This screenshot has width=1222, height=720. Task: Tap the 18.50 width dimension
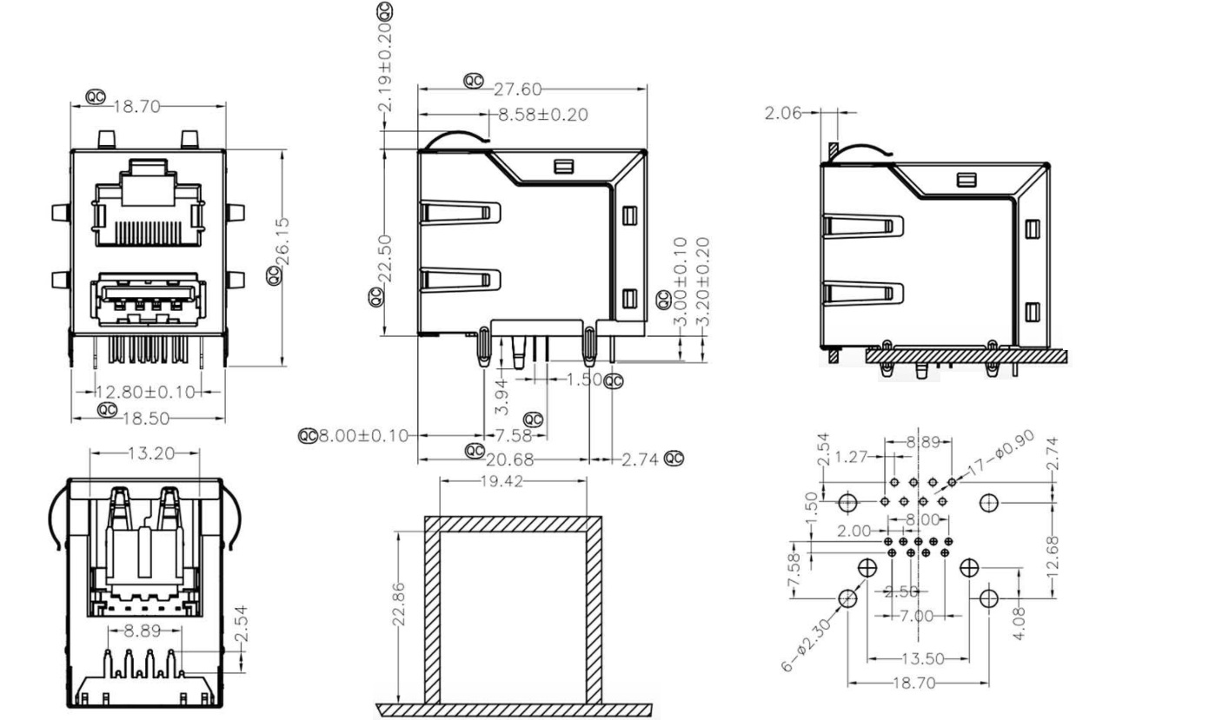pyautogui.click(x=145, y=419)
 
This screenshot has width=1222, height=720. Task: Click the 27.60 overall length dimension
pyautogui.click(x=518, y=89)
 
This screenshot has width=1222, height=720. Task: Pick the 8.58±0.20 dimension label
pyautogui.click(x=541, y=115)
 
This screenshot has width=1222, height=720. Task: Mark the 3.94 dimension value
pyautogui.click(x=501, y=395)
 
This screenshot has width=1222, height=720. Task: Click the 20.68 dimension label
pyautogui.click(x=510, y=459)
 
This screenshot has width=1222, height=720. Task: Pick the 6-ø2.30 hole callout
pyautogui.click(x=806, y=644)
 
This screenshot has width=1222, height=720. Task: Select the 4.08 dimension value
pyautogui.click(x=1019, y=622)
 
